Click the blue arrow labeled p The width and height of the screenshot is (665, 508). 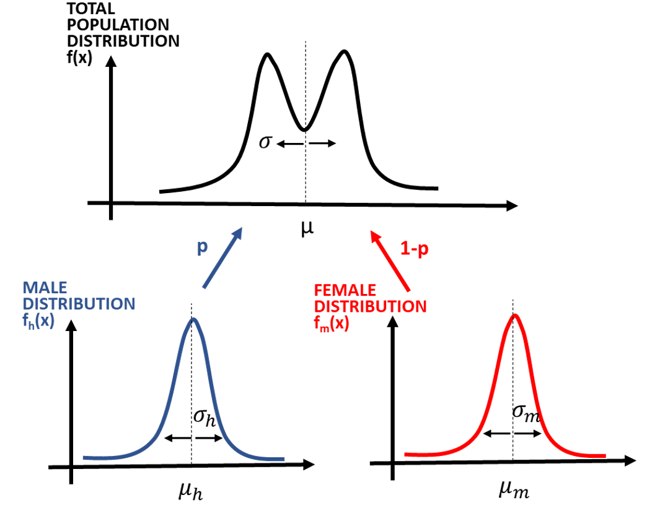click(x=222, y=258)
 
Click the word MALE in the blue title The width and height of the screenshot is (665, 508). click(x=45, y=288)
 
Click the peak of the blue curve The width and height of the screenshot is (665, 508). click(x=194, y=319)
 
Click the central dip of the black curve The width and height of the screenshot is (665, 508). click(x=304, y=130)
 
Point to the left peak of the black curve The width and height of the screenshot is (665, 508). click(x=268, y=54)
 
